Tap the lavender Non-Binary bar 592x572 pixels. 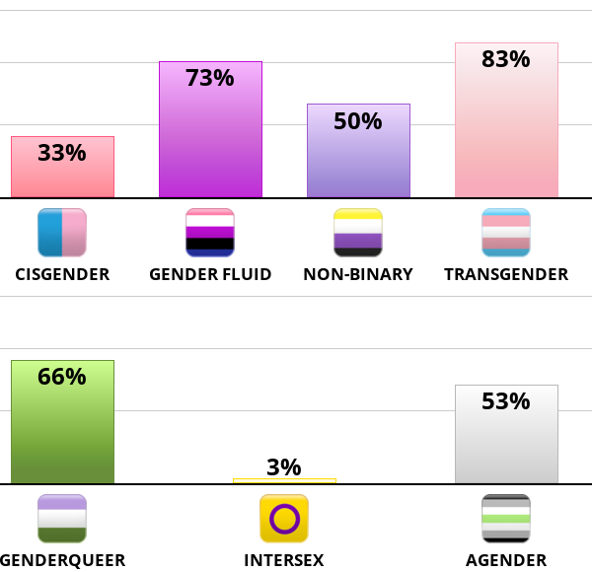click(x=358, y=163)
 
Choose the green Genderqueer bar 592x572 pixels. click(x=62, y=434)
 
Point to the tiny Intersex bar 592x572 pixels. click(x=284, y=481)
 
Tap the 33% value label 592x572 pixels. click(x=62, y=153)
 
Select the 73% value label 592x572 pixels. click(x=210, y=78)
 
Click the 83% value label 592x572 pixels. click(x=506, y=59)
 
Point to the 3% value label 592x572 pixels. click(x=284, y=467)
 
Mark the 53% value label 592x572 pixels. click(x=506, y=401)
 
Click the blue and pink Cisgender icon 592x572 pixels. click(x=62, y=233)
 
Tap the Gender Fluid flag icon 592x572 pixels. click(x=210, y=233)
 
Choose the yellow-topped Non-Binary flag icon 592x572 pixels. click(x=358, y=233)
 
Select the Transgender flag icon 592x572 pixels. click(x=506, y=233)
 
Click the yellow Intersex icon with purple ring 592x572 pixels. click(x=284, y=519)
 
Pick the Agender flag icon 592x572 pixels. click(x=506, y=519)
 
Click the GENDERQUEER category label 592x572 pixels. click(x=62, y=561)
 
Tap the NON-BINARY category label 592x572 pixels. click(x=358, y=274)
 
